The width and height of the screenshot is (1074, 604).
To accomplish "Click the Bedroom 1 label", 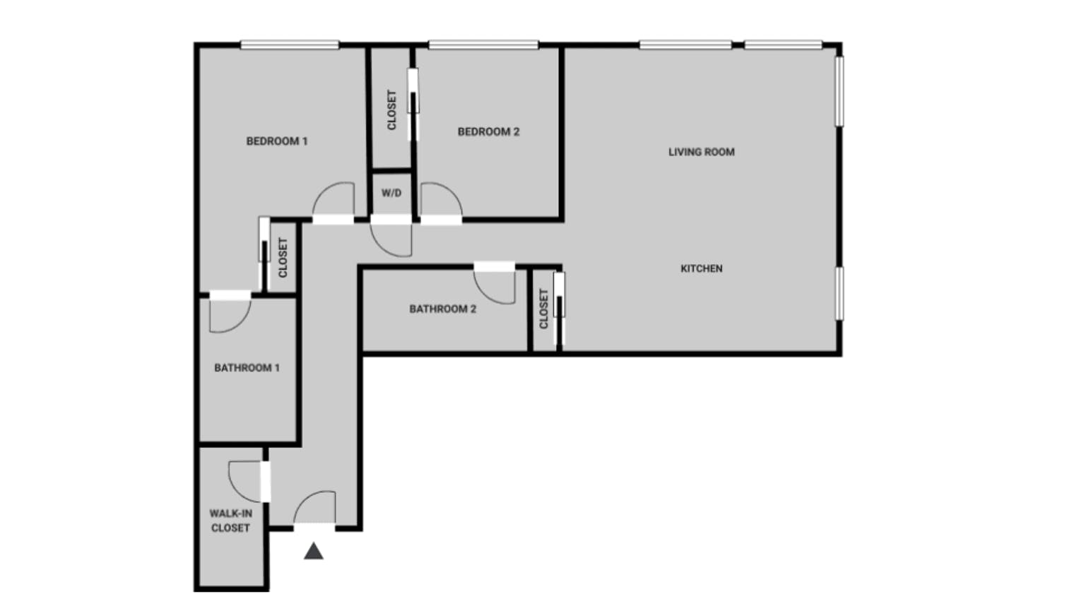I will [x=276, y=141].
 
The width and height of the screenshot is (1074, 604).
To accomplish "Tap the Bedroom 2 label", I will [x=488, y=131].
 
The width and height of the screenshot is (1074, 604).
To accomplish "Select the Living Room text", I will [x=701, y=152].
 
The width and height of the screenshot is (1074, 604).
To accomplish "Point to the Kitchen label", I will [x=701, y=268].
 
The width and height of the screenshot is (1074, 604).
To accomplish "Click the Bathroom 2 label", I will [x=442, y=309].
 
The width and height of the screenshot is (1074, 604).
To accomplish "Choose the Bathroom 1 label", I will [x=247, y=368].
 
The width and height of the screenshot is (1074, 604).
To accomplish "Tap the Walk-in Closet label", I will [x=230, y=521].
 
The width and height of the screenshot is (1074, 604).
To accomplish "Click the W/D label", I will [x=391, y=193].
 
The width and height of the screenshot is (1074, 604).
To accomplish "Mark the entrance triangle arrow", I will [x=314, y=551].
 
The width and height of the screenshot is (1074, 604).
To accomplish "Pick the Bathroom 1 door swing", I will [x=228, y=314].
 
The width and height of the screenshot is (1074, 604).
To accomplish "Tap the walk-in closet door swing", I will [x=247, y=480].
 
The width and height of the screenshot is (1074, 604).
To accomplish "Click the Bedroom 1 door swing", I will [x=334, y=201].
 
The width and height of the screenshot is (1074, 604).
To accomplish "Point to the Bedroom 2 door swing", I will [x=439, y=201].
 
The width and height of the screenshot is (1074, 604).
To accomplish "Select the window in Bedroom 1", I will [x=289, y=45].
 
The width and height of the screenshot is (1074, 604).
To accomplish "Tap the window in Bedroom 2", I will [x=483, y=45].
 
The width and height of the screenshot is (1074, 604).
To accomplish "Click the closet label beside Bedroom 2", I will [x=391, y=110].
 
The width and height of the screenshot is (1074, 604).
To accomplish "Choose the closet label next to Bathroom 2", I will [x=543, y=309].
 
